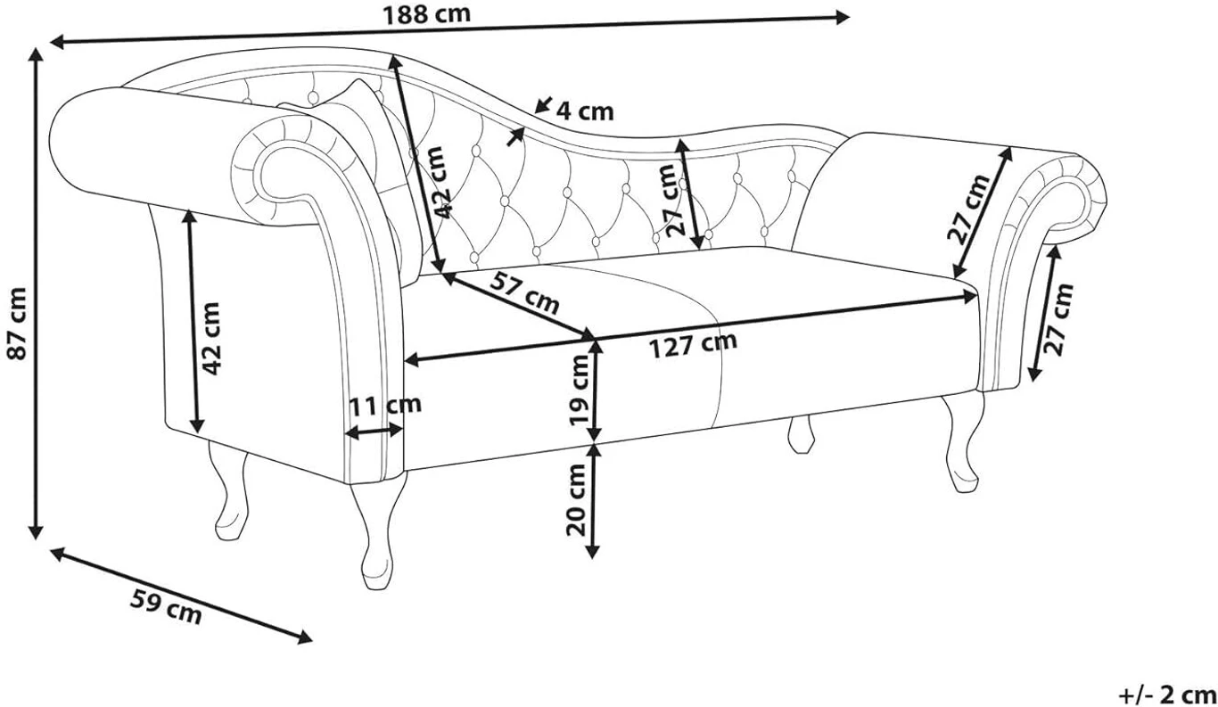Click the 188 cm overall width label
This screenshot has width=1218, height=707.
(x=427, y=14)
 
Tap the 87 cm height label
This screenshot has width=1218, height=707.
(x=16, y=323)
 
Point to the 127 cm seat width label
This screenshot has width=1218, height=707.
(x=694, y=345)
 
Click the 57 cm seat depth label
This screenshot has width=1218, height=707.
(x=524, y=293)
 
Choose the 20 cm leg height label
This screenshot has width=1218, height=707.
(x=575, y=499)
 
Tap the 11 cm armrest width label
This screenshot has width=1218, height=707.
(x=385, y=405)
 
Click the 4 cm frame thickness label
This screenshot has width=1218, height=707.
(x=585, y=111)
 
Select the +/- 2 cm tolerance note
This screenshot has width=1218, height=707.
(x=1166, y=695)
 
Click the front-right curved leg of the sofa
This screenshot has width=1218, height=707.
(x=962, y=441)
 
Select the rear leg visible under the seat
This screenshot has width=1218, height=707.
(x=801, y=433)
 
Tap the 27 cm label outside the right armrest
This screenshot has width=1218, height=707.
(x=1060, y=320)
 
